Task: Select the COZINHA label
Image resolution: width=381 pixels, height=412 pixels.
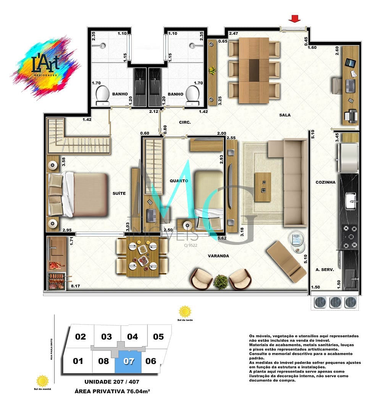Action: (x=325, y=182)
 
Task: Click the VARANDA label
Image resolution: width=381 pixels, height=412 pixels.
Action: (x=218, y=256)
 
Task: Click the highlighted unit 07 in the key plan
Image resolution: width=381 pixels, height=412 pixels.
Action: (x=129, y=361)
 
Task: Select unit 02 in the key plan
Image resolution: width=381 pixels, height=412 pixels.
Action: (x=81, y=337)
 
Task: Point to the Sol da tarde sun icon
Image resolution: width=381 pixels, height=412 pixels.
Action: (x=185, y=311)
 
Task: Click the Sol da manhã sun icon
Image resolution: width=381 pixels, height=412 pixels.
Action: (x=42, y=380)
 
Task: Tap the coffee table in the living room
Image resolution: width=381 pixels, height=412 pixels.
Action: (x=263, y=187)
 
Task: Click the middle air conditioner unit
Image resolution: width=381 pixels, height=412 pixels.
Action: (x=335, y=303)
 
